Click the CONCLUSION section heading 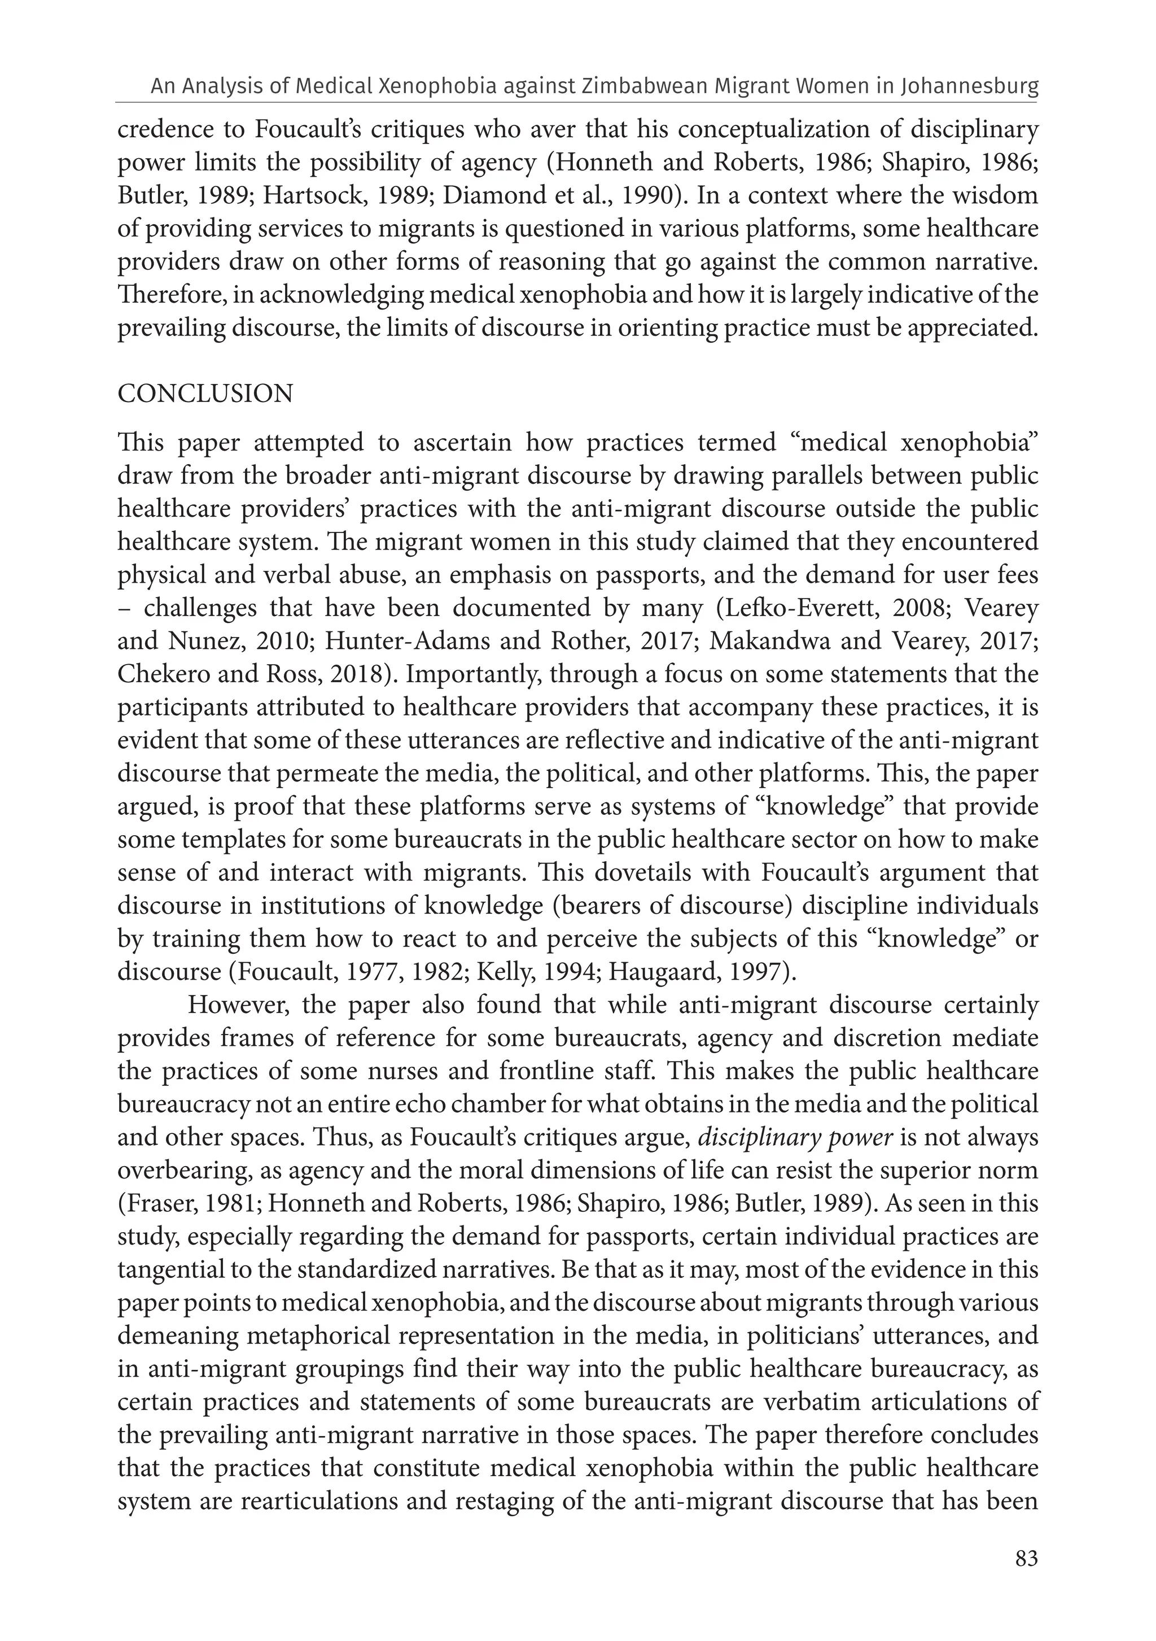tap(205, 394)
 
